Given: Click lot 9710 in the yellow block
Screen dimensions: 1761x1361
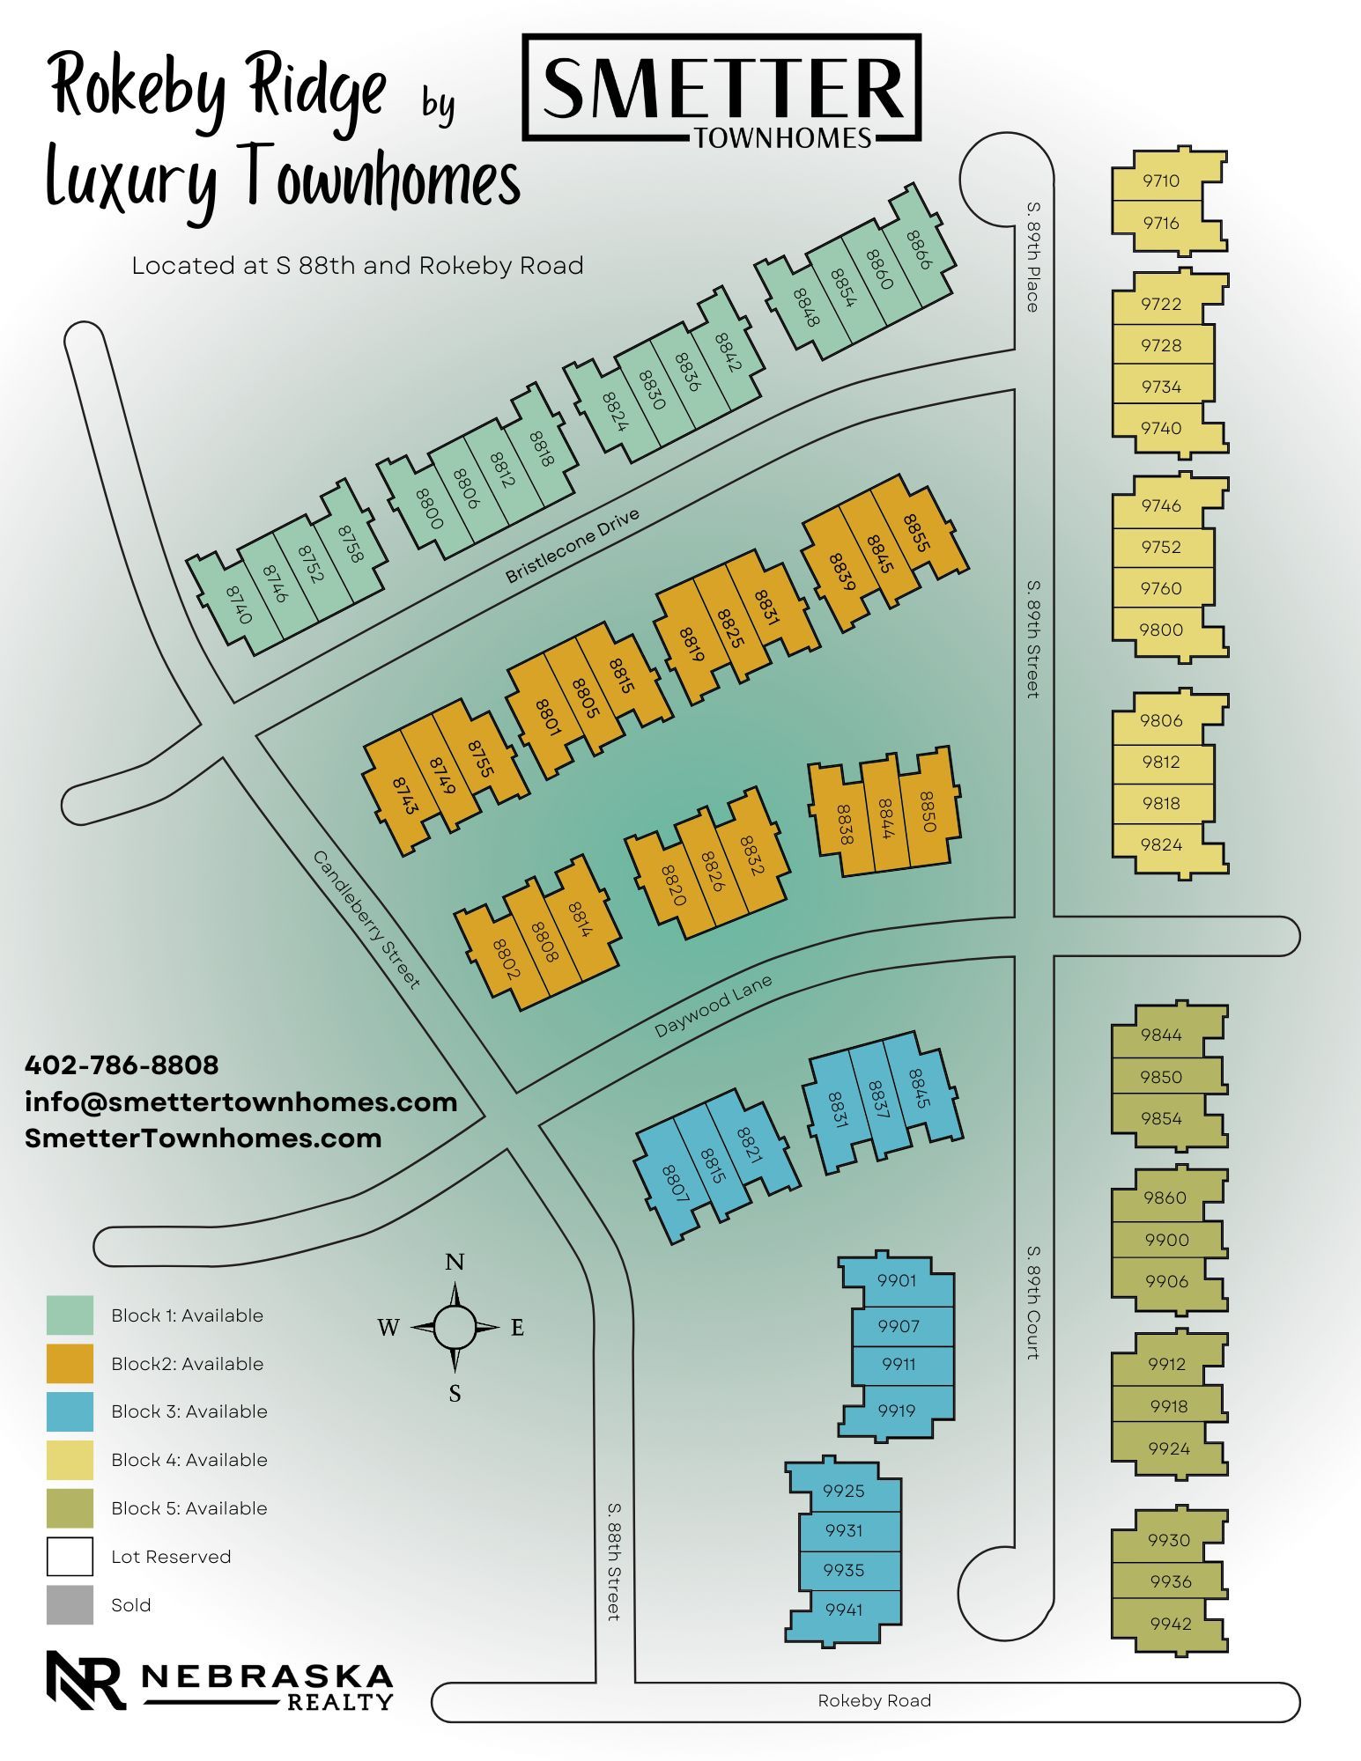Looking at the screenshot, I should pos(1160,181).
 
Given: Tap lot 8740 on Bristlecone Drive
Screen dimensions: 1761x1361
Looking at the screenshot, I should pos(239,605).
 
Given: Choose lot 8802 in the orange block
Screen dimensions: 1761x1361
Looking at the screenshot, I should pos(507,959).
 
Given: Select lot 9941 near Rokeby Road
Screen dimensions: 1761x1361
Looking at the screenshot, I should pos(844,1610).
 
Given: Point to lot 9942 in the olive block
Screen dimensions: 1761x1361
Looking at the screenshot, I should pos(1170,1624).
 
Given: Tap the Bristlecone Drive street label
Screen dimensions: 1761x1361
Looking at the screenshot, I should pos(572,545).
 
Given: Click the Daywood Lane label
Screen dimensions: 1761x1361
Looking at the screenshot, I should pos(713,1006).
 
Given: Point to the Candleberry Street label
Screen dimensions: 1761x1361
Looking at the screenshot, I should pos(366,919).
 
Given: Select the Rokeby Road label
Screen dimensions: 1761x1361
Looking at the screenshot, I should pos(874,1701).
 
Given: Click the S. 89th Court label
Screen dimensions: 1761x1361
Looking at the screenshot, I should pos(1033,1302).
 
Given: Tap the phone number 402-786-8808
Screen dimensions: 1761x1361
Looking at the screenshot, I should pos(122,1065).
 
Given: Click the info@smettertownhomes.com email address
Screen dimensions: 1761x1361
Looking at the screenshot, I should pos(240,1102).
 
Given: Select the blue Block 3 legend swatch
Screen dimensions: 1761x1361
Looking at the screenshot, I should pos(70,1411).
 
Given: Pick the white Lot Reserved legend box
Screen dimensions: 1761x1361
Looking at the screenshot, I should pos(70,1556).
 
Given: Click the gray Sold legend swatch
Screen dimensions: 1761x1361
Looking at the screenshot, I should pos(70,1604).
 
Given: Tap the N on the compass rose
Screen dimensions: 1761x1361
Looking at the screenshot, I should pos(455,1262).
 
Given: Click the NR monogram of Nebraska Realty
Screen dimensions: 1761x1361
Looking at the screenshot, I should pos(85,1680).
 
